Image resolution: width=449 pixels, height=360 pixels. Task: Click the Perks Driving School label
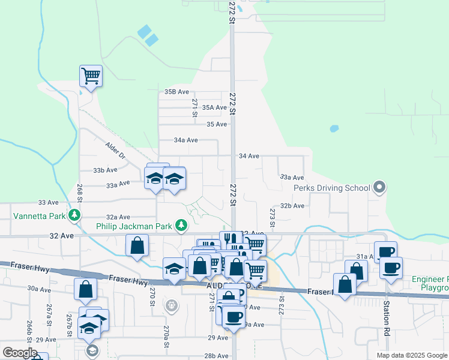tap(331, 188)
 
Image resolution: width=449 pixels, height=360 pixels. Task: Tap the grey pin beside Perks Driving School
tap(379, 188)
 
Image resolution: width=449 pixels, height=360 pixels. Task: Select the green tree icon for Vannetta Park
tap(74, 214)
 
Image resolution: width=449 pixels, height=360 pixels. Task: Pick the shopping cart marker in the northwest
tap(91, 77)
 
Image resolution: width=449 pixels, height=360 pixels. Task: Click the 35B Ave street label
tap(177, 92)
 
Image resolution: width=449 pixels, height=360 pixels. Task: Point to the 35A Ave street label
tap(214, 107)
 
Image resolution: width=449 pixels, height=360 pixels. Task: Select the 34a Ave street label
tap(185, 140)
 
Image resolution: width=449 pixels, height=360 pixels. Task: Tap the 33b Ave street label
tap(105, 170)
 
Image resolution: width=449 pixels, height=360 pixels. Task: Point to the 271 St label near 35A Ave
tap(194, 104)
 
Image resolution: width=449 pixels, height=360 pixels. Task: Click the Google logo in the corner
tap(20, 352)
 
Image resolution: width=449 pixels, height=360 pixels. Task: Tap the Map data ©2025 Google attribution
tap(412, 355)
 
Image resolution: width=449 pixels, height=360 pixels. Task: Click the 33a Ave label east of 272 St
tap(292, 177)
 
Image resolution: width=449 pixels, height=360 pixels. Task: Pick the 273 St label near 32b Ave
tap(272, 218)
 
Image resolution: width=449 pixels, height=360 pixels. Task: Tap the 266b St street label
tap(29, 329)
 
